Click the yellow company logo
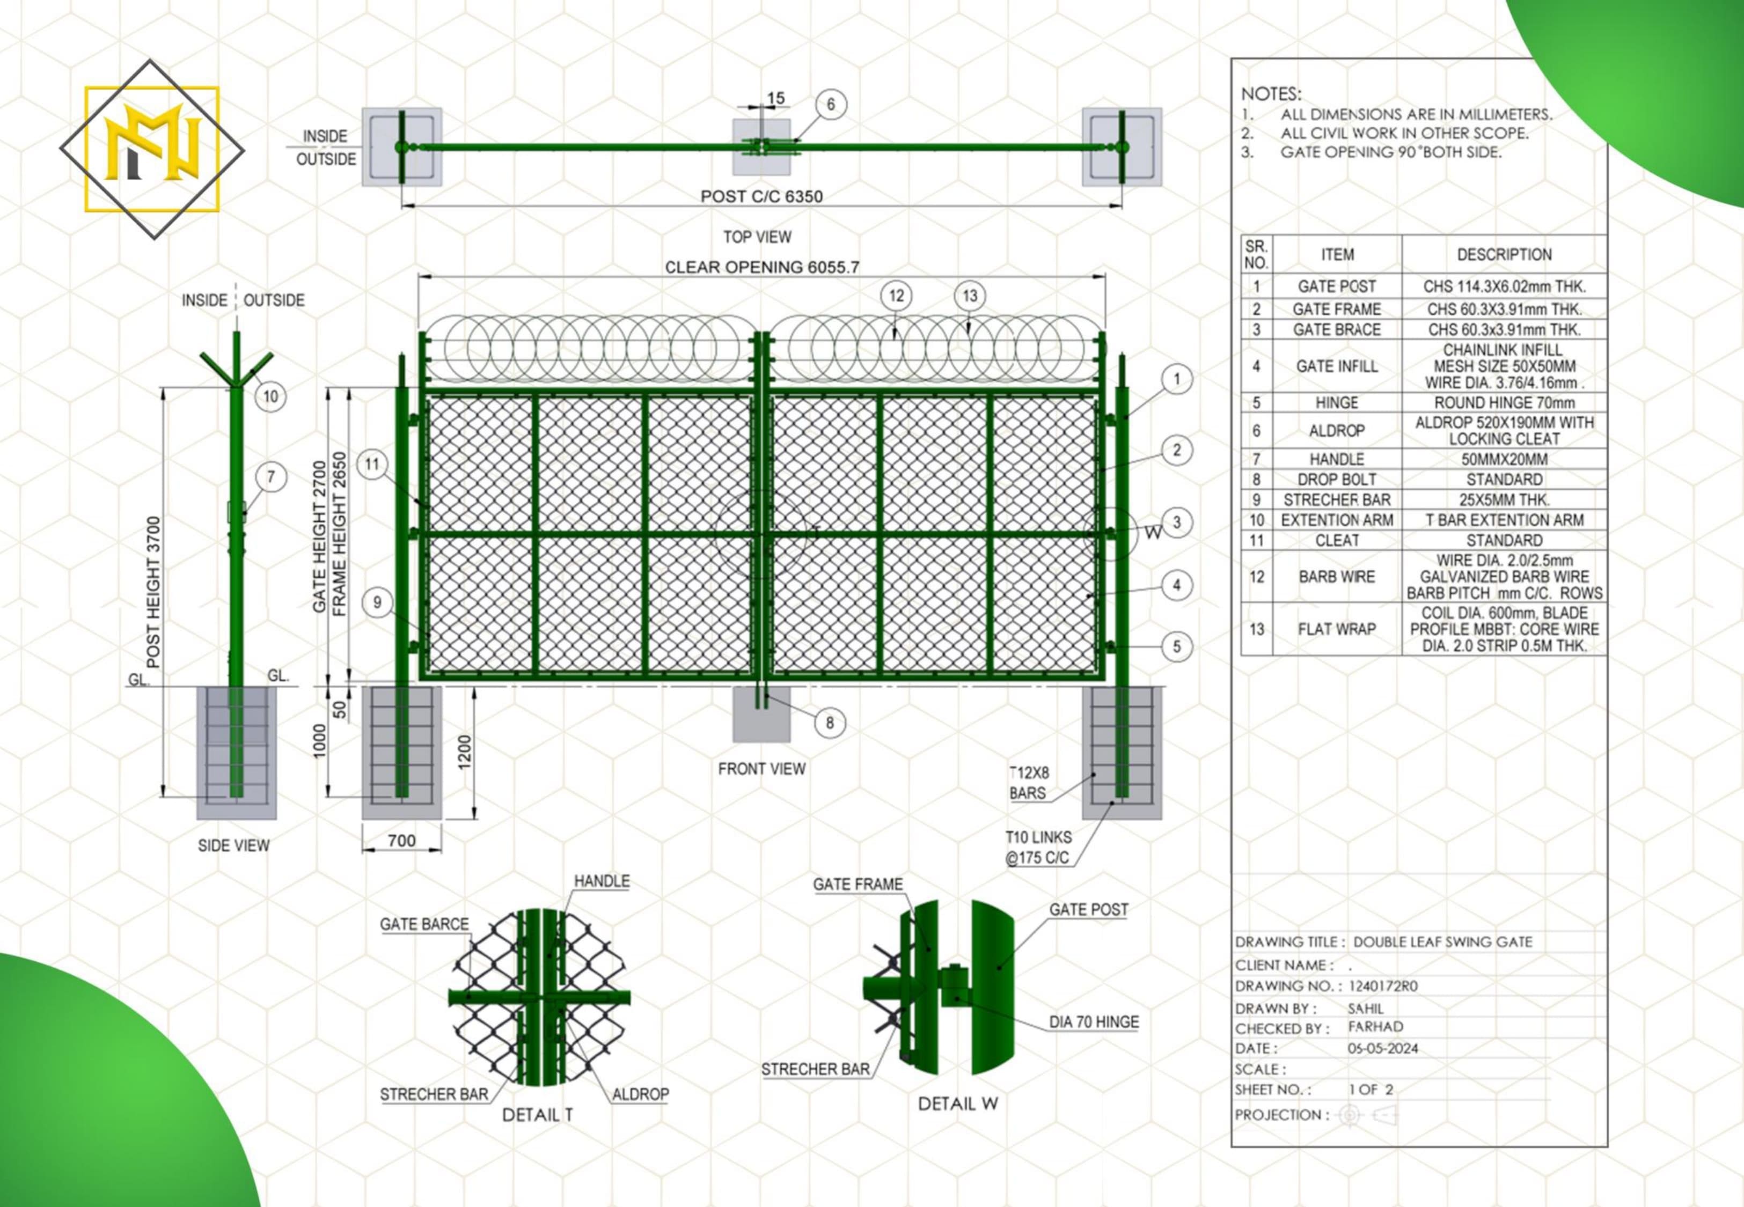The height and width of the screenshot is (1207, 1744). (x=152, y=149)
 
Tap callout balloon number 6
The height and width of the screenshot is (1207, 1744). (x=830, y=105)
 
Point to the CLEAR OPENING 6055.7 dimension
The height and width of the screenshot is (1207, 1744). (x=761, y=267)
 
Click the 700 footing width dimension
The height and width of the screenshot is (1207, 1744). (x=401, y=840)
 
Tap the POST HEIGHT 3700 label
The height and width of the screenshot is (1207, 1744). (x=153, y=592)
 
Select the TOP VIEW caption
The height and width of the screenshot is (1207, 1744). (x=757, y=237)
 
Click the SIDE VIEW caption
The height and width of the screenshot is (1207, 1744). (x=233, y=845)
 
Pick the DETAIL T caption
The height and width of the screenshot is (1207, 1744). (x=538, y=1115)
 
